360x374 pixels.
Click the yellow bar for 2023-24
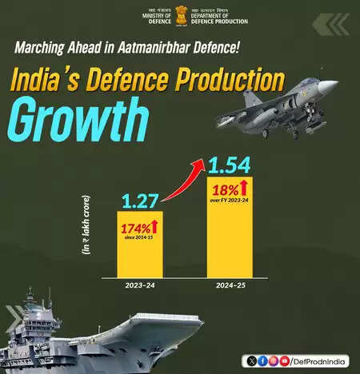click(x=140, y=245)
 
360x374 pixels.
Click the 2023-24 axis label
click(x=140, y=285)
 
